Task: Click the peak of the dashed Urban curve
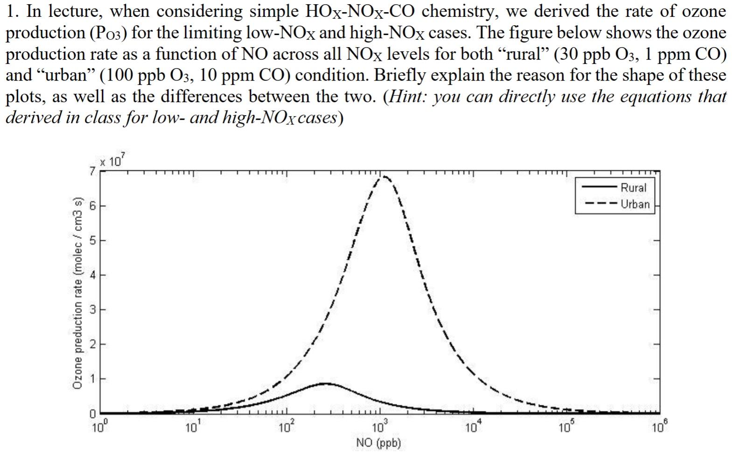[384, 177]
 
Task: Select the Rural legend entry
[633, 187]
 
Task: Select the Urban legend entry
[635, 204]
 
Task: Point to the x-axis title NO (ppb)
[378, 443]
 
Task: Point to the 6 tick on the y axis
[92, 206]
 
